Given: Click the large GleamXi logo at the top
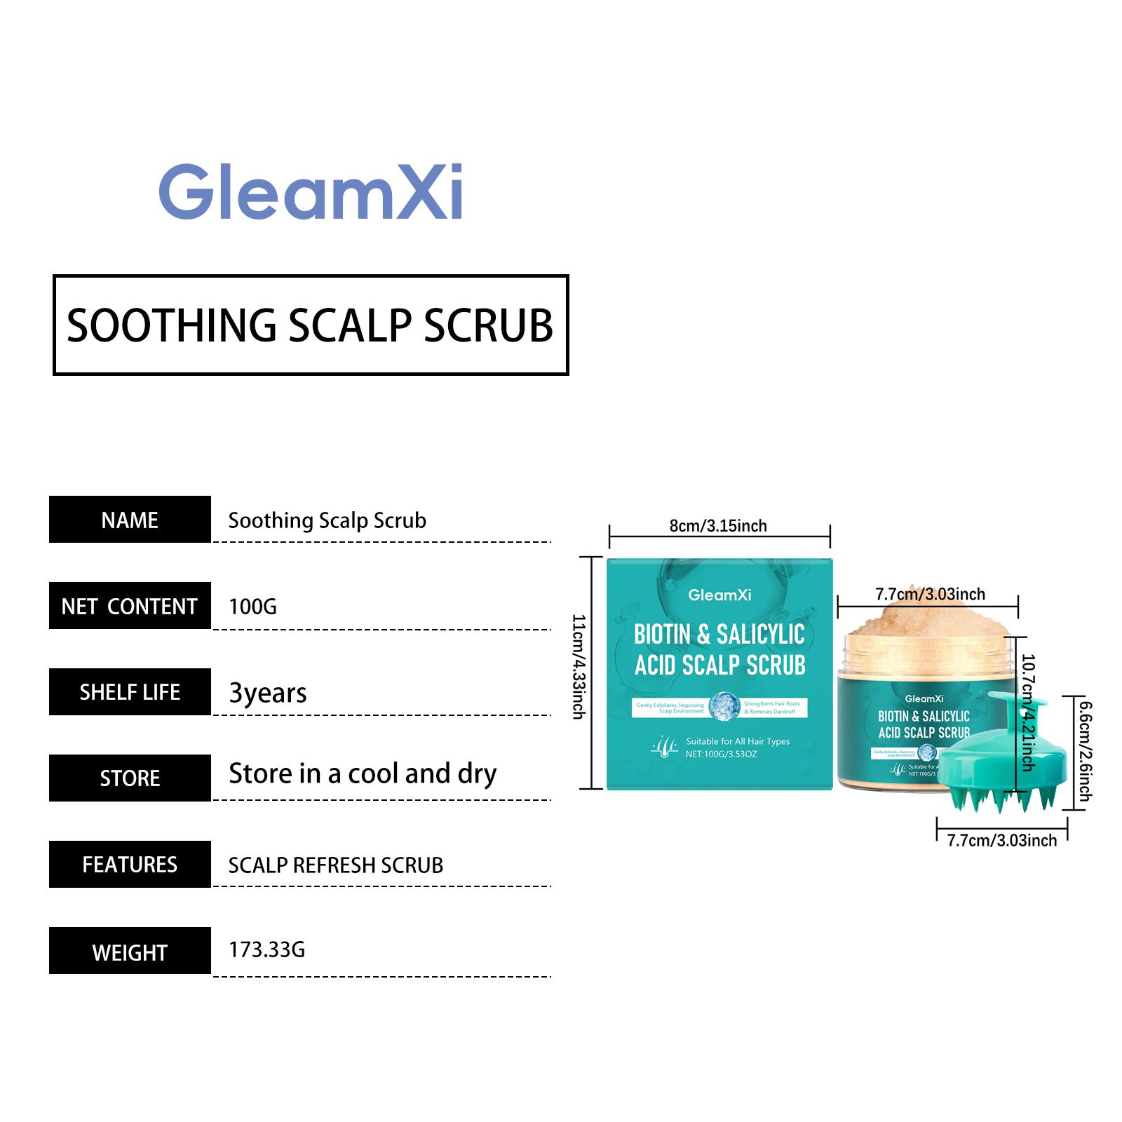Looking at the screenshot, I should tap(310, 191).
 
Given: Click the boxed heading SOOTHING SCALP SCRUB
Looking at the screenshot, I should tap(310, 325).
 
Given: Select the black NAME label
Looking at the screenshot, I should tap(130, 520).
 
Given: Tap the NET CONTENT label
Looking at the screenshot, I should tap(130, 606).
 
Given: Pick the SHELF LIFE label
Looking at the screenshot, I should tap(130, 692).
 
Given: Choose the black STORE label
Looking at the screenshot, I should tap(130, 778).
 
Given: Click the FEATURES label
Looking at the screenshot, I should tap(130, 865).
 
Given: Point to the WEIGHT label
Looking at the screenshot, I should tap(130, 952).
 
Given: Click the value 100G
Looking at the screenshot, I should tap(252, 606).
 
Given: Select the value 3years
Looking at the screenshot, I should tap(268, 693).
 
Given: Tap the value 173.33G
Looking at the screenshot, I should tap(266, 949).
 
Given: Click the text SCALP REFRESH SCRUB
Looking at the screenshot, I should tap(335, 865).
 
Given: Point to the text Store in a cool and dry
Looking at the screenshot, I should tap(363, 773).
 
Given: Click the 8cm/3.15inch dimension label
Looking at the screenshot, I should tap(718, 526).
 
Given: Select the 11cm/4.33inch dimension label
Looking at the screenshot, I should tap(579, 666).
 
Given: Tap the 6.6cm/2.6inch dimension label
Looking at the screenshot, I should tap(1084, 751).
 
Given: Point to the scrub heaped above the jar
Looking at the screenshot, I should tap(926, 617).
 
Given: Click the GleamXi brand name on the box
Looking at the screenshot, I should tap(719, 595).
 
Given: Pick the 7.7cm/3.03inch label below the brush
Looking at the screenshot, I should tap(1001, 840).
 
